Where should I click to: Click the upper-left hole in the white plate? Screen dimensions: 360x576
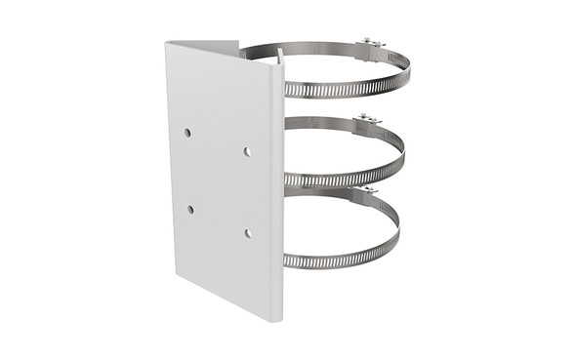click(187, 132)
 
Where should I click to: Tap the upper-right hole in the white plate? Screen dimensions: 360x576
click(247, 151)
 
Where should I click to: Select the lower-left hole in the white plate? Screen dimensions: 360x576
click(190, 209)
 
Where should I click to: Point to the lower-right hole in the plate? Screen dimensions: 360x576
click(248, 232)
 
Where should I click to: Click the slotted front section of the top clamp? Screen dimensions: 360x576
click(342, 89)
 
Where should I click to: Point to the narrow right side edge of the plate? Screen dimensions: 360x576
click(280, 195)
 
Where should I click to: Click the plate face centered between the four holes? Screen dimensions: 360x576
click(219, 181)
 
